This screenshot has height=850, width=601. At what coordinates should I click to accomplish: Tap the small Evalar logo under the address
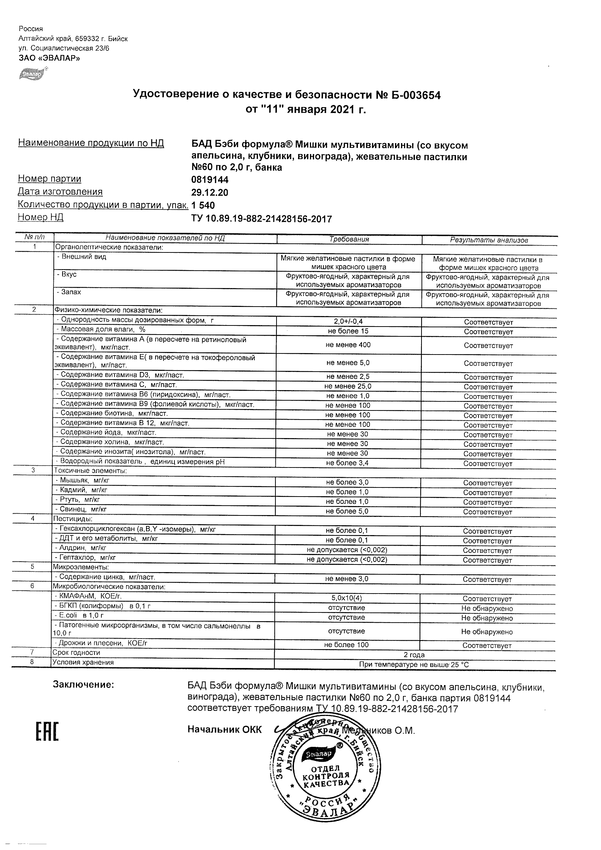tap(33, 74)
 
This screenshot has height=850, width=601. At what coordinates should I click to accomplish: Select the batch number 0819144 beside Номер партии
tap(210, 180)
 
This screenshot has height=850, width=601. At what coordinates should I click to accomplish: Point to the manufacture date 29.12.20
tap(210, 193)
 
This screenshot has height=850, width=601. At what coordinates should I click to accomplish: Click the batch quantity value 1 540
tap(203, 206)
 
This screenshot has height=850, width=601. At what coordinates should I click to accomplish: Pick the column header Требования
tap(349, 239)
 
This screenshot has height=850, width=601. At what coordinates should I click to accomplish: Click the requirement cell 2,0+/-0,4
tap(348, 321)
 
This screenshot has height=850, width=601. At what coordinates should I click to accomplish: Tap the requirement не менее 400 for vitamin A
tap(348, 345)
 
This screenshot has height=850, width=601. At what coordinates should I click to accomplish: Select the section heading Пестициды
tap(73, 519)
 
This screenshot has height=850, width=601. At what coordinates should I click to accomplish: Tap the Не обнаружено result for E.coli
tap(487, 618)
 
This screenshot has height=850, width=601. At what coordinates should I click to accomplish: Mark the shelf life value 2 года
tap(414, 655)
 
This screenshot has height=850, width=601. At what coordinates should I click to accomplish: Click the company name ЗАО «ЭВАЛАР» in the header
tap(49, 58)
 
